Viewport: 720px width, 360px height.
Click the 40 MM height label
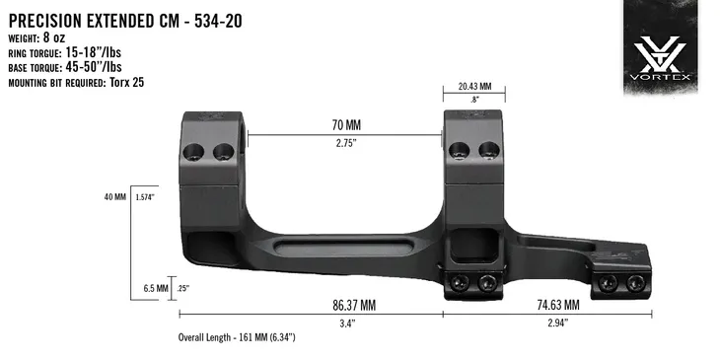(x=113, y=197)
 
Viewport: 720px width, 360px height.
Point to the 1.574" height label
(x=146, y=197)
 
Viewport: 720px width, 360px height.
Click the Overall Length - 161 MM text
(x=237, y=337)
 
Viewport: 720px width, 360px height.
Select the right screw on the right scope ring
(x=486, y=150)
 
